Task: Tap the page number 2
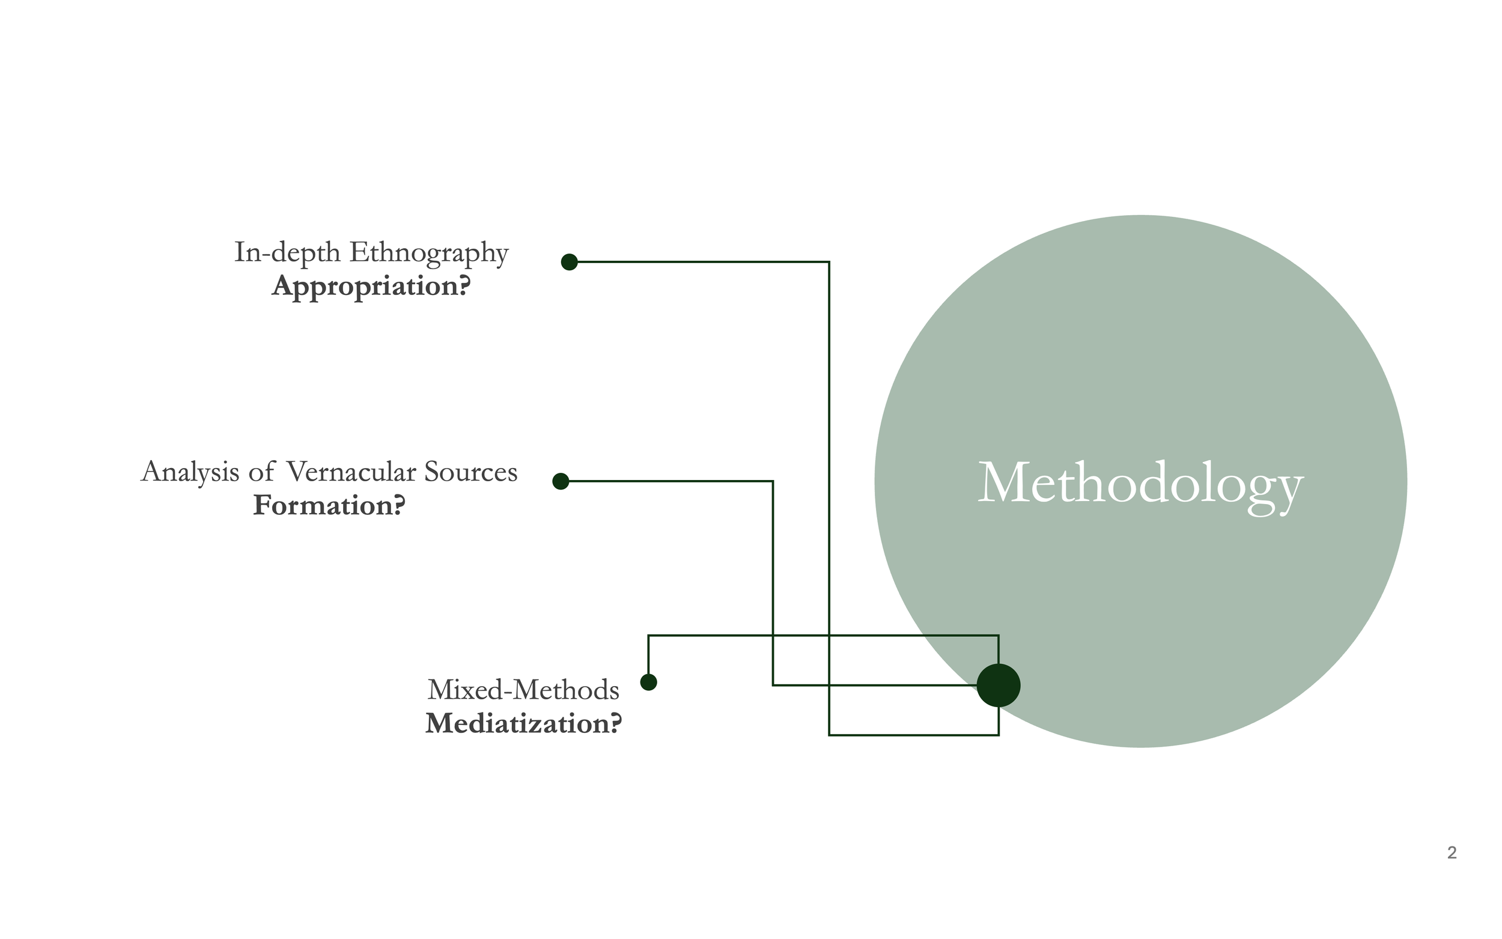point(1452,852)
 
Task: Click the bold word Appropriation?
point(371,287)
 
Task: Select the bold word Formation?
point(329,505)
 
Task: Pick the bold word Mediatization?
point(523,723)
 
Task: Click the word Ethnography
point(429,253)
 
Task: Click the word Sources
point(470,472)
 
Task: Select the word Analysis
point(190,472)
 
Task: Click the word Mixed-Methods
point(523,690)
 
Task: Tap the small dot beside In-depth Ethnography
point(570,262)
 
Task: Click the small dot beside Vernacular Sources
point(561,481)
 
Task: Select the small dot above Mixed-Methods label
point(648,682)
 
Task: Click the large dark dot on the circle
point(999,685)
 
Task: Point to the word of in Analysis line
point(261,472)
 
